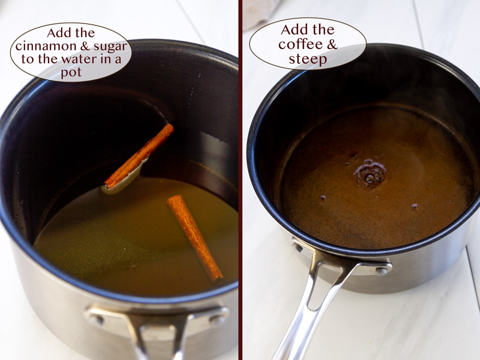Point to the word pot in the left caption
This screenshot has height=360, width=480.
click(x=71, y=73)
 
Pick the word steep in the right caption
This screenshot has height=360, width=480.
click(x=308, y=59)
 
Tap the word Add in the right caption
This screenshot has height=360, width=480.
click(x=294, y=30)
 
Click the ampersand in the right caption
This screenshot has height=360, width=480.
click(x=331, y=44)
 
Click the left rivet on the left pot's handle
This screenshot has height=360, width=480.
click(x=96, y=319)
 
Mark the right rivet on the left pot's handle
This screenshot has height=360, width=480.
click(x=217, y=319)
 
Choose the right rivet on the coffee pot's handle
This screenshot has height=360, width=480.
click(x=381, y=272)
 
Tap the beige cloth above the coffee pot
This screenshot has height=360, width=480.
click(x=260, y=12)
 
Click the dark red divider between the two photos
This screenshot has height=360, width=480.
click(x=240, y=180)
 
